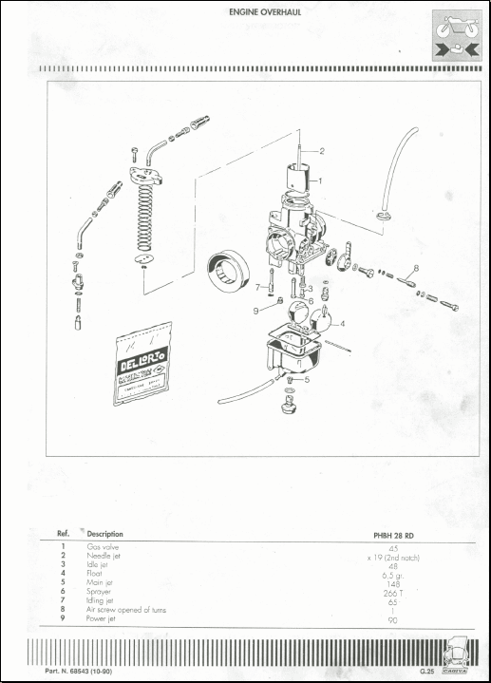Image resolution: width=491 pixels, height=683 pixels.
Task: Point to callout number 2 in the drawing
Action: (x=321, y=151)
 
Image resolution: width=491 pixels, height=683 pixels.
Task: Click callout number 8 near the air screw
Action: (x=414, y=269)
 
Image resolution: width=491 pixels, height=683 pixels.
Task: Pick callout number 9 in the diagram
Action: (x=255, y=310)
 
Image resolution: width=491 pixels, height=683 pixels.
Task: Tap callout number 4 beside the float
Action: (x=342, y=324)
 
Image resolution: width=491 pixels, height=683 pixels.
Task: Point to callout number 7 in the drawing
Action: (x=256, y=286)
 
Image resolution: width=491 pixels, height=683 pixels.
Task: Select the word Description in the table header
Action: (x=104, y=534)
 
